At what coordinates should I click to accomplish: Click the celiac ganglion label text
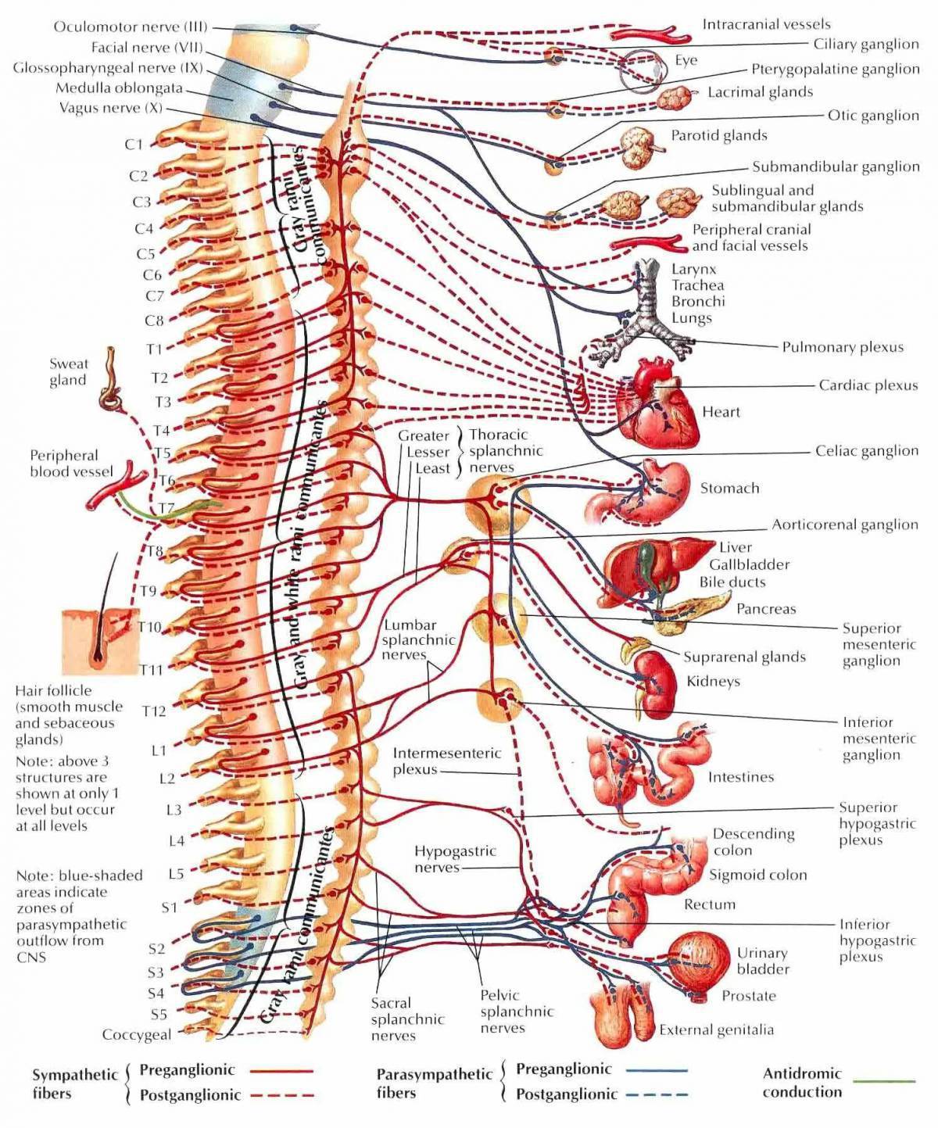click(x=866, y=451)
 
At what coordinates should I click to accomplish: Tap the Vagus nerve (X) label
click(x=110, y=108)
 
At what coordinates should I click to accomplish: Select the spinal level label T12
click(x=154, y=711)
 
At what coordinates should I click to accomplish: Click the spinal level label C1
click(x=134, y=144)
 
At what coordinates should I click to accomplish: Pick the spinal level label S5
click(x=159, y=1014)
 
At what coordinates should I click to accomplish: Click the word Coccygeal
click(x=136, y=1034)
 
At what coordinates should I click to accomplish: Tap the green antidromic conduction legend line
click(x=883, y=1082)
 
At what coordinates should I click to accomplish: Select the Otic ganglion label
click(x=873, y=116)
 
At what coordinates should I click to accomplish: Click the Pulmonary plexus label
click(x=843, y=347)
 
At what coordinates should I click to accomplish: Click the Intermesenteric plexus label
click(x=446, y=761)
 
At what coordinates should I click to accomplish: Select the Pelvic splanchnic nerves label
click(x=516, y=1011)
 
